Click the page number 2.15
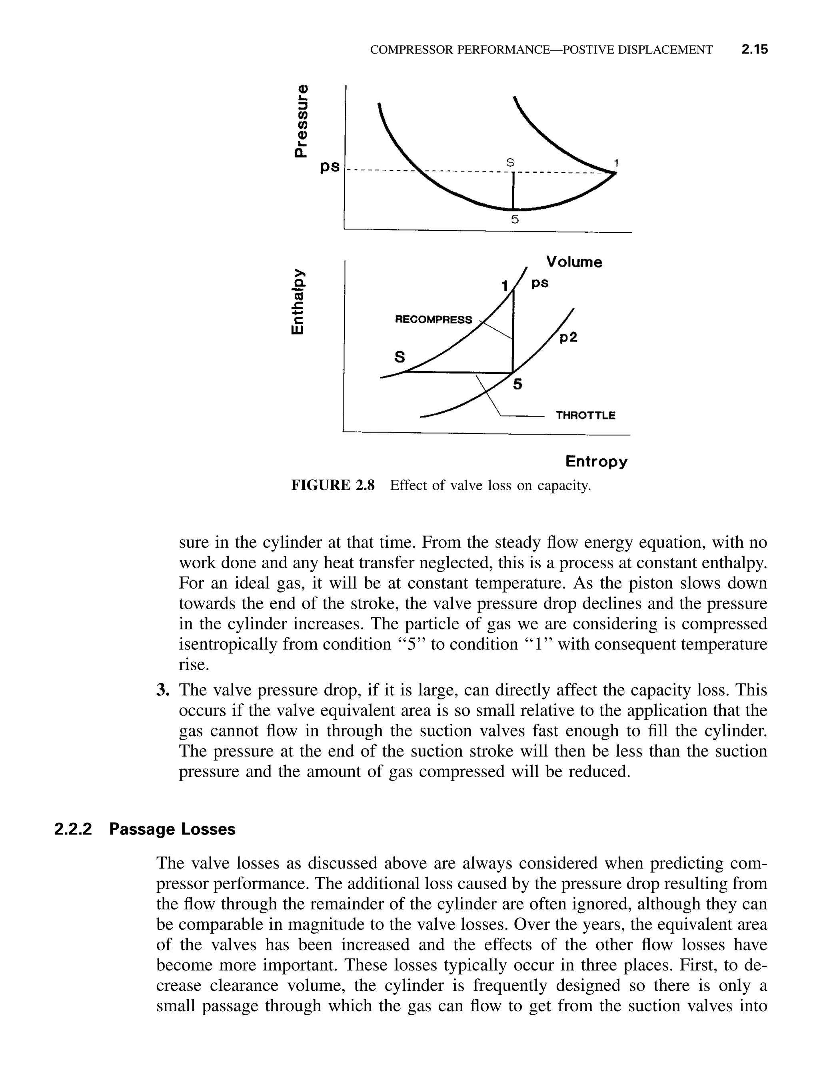(754, 50)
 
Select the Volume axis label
(574, 262)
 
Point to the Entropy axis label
(596, 461)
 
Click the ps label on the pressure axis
(330, 167)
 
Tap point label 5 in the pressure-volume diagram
(515, 220)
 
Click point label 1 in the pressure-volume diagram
(615, 162)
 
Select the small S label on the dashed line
(510, 162)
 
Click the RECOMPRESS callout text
(433, 320)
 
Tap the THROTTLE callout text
(585, 415)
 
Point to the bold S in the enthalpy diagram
(400, 357)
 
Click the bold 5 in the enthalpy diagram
(517, 385)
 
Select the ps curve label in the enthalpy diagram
(539, 284)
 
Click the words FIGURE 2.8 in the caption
(333, 485)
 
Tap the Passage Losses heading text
(172, 829)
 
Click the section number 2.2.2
(73, 829)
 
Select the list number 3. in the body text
(163, 690)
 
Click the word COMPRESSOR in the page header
(412, 50)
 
